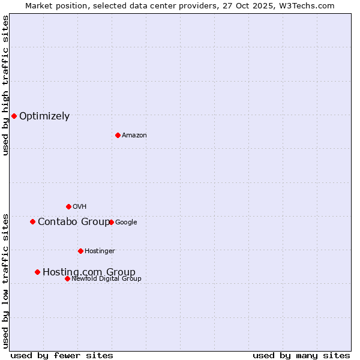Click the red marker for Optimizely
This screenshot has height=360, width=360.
(x=14, y=116)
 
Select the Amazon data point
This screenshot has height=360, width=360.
(x=118, y=135)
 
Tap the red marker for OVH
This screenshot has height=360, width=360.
(x=68, y=206)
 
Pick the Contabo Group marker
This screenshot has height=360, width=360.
(x=32, y=221)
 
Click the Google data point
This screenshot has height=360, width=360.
(x=111, y=222)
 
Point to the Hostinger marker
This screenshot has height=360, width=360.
(x=80, y=251)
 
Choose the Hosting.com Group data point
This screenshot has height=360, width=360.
(x=37, y=272)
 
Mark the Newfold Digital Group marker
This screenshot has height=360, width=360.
(x=67, y=278)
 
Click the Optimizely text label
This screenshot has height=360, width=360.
(x=44, y=116)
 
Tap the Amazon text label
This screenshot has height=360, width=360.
(x=134, y=136)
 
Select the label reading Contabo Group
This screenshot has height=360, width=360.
(x=74, y=222)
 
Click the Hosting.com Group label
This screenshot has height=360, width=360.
(x=89, y=272)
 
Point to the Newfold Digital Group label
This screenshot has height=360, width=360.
(x=106, y=278)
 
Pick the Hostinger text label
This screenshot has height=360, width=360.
(x=100, y=251)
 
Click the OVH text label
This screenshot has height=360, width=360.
(x=79, y=207)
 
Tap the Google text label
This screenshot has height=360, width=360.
(x=126, y=223)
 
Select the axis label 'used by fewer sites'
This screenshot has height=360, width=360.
(x=62, y=355)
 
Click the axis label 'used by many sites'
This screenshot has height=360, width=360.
(x=301, y=355)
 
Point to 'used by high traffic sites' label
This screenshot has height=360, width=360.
(x=5, y=85)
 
